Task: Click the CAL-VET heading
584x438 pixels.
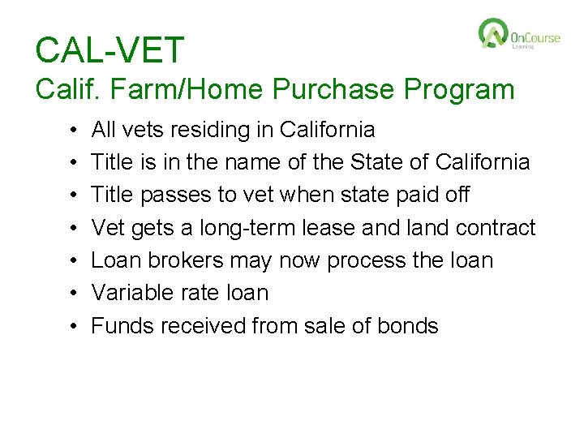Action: coord(110,50)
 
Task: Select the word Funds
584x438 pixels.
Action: coord(122,326)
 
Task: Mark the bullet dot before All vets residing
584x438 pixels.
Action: coord(73,130)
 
